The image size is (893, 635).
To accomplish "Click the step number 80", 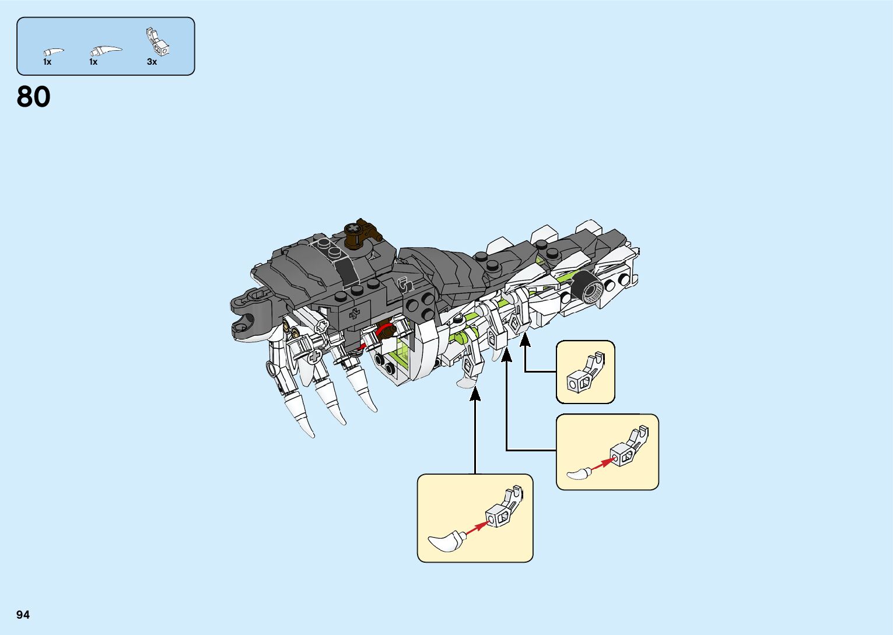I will [x=34, y=97].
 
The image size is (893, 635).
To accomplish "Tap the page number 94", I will [x=23, y=615].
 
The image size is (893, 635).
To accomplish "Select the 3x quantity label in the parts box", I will [x=152, y=62].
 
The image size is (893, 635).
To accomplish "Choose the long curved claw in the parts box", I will [x=106, y=51].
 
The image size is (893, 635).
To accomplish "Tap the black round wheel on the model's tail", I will [x=589, y=289].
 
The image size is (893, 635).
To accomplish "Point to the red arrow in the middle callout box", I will [x=601, y=464].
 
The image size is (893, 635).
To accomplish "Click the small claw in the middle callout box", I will [x=579, y=474].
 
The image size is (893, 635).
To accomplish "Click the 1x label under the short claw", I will [x=47, y=62].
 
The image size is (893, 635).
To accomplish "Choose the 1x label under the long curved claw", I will [x=93, y=62].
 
